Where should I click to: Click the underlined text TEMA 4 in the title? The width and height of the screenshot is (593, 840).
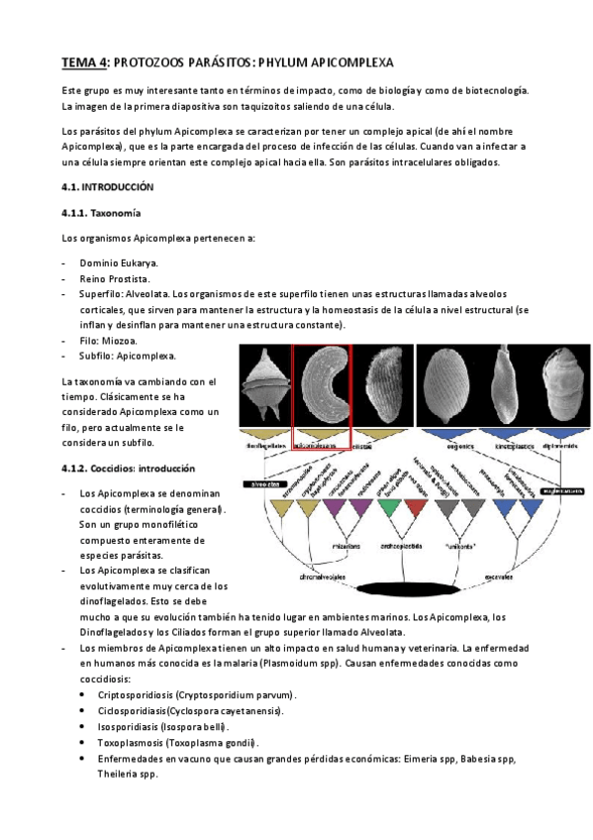[83, 61]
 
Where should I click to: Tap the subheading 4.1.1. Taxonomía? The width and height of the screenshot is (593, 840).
[101, 213]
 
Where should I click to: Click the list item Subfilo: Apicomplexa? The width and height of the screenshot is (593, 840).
[128, 356]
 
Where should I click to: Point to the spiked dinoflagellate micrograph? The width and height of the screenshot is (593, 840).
[264, 384]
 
